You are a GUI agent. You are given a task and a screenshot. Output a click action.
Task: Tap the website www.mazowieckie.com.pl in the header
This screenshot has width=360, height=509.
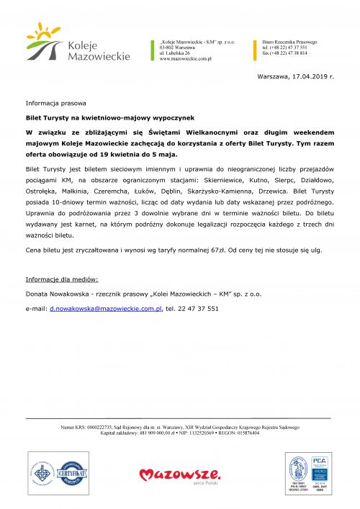tap(185, 59)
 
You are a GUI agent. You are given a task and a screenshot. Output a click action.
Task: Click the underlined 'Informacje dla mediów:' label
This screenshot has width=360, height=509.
tap(62, 278)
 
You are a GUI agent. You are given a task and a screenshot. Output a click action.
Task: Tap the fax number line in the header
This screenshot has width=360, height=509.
tap(284, 53)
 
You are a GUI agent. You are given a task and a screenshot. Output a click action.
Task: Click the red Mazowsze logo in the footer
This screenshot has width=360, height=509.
tap(179, 475)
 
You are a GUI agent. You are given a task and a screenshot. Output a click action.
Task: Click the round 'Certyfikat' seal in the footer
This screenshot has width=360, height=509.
tap(76, 473)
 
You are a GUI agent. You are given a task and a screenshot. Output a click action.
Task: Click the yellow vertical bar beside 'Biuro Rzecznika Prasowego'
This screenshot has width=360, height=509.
tap(256, 48)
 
